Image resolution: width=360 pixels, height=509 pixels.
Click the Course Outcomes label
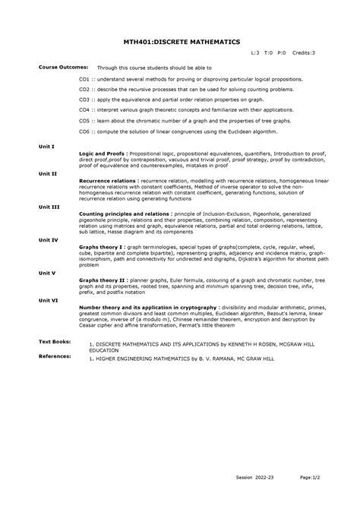64,67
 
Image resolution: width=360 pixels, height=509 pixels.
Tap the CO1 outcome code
85,78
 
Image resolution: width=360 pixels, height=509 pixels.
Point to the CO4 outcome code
85,109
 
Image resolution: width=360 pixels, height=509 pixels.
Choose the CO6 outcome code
85,131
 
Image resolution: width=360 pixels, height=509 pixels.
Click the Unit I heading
47,145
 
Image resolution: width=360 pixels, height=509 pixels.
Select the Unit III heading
49,206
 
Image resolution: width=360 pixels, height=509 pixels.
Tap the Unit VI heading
49,300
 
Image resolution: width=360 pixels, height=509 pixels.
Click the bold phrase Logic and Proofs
101,152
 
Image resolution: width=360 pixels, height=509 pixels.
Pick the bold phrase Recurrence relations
107,181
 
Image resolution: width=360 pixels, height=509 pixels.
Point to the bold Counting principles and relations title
125,213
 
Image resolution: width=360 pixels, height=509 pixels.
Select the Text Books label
55,342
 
